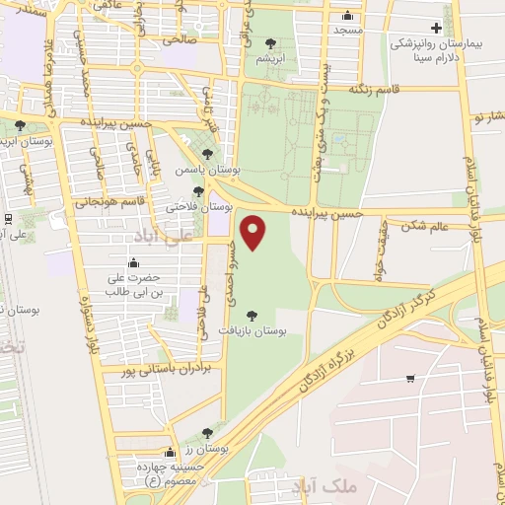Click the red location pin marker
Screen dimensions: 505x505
pos(255,233)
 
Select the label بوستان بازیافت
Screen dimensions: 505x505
pos(253,333)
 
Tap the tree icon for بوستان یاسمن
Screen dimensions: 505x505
pos(206,153)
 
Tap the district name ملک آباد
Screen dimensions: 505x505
pos(324,484)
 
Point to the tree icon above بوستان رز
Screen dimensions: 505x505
pos(206,432)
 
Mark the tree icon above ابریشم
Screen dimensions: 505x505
pos(271,42)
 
